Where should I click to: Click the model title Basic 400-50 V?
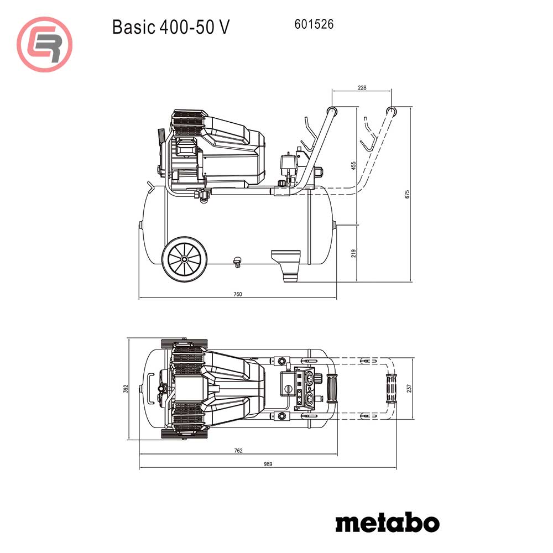click(170, 27)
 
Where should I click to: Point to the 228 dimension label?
click(362, 88)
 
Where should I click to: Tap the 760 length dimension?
click(237, 294)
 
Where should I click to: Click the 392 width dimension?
click(126, 389)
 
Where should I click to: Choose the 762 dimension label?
click(238, 451)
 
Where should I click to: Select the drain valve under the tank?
click(238, 262)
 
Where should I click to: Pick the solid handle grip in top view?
click(333, 388)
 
